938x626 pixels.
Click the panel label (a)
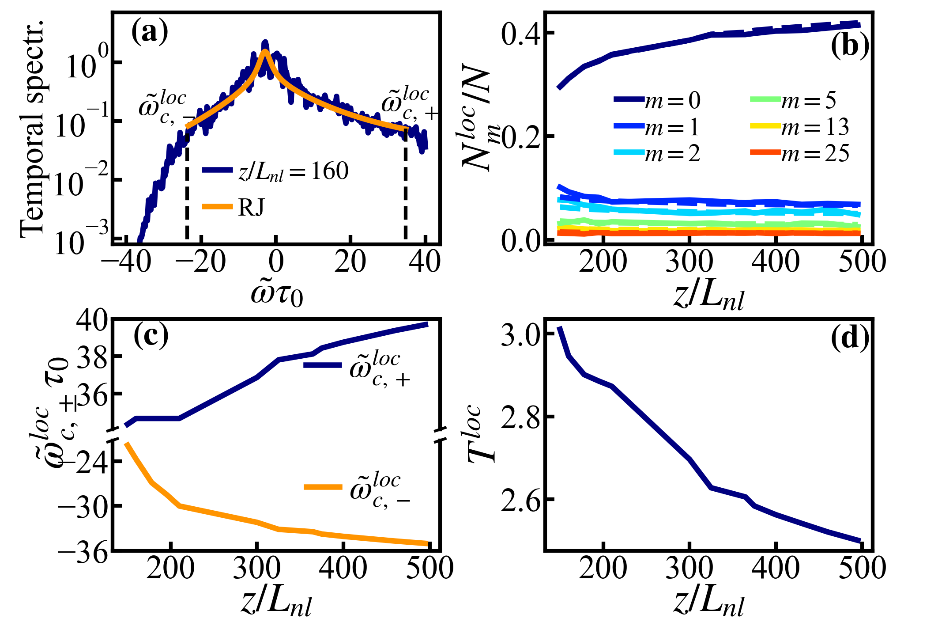tap(150, 33)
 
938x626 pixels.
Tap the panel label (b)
tap(850, 46)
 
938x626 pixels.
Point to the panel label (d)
tap(850, 338)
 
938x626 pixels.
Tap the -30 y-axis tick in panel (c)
tap(83, 506)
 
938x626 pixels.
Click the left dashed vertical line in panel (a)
tap(187, 186)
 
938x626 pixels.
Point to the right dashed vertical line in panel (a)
tap(405, 186)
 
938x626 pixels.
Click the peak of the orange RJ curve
tap(265, 51)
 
